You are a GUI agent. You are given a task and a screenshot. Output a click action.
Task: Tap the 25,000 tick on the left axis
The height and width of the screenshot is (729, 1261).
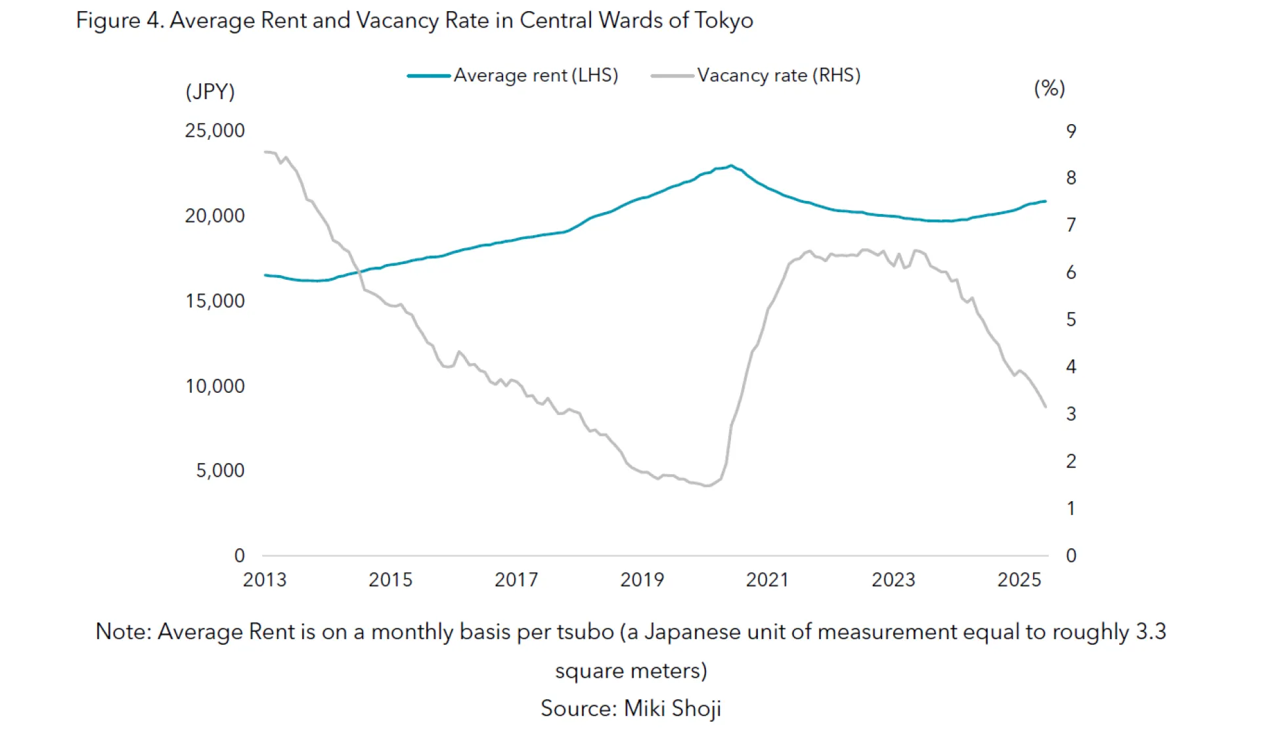point(214,131)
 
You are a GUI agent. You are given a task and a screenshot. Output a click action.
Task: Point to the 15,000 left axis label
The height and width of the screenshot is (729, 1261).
point(214,301)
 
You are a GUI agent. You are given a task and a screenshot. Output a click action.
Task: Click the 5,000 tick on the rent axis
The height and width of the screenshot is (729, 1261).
point(220,470)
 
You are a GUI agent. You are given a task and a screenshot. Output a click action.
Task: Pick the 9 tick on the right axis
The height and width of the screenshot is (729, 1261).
point(1071,131)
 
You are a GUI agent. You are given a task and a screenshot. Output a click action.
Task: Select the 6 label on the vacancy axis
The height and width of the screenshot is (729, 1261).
point(1071,273)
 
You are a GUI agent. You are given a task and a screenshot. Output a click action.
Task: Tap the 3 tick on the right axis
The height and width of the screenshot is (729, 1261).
point(1071,414)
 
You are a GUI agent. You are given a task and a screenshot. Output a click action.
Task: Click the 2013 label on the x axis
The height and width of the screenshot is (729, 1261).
point(265,579)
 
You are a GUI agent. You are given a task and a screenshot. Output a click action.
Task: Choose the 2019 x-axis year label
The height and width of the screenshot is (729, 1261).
point(642,579)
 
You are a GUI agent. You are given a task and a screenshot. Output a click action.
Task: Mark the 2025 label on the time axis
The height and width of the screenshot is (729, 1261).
point(1019,579)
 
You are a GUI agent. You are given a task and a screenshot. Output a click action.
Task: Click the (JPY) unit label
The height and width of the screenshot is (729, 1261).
point(210,91)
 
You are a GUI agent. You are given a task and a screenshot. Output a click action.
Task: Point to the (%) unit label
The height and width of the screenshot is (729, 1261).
point(1050,88)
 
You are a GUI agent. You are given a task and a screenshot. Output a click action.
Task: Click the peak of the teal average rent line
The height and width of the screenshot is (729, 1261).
point(731,166)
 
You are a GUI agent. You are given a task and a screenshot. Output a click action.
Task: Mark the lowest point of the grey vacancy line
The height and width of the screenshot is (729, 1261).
point(707,486)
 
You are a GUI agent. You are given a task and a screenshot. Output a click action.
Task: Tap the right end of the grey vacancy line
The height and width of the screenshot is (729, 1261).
point(1046,407)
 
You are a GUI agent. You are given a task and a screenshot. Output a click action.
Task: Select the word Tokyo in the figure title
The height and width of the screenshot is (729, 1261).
point(724,20)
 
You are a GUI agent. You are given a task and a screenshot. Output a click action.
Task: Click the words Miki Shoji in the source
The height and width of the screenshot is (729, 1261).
point(672,708)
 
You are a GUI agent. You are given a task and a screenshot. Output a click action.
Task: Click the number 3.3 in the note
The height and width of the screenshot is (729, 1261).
point(1151,632)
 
